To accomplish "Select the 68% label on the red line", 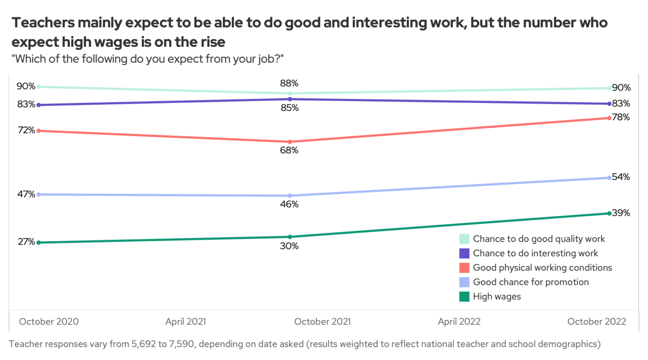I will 289,150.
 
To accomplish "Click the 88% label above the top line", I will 289,83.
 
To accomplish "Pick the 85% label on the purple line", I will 289,108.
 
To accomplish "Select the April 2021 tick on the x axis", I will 186,322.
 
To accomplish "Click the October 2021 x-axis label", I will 322,322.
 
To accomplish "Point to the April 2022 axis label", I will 459,322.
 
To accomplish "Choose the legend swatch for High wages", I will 464,297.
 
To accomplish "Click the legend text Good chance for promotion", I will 531,282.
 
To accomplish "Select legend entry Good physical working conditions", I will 542,268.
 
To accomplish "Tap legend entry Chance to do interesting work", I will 535,253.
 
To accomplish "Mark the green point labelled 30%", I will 290,237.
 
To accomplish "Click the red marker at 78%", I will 609,118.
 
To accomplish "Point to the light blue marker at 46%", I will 290,196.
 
